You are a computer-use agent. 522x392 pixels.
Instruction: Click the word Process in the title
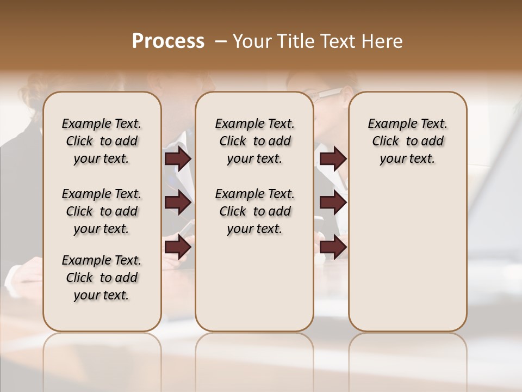(x=168, y=41)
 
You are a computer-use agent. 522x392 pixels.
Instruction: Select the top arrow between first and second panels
(x=178, y=159)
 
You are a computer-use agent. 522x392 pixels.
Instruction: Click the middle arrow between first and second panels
(x=178, y=203)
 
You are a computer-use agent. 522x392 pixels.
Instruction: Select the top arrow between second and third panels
(x=333, y=159)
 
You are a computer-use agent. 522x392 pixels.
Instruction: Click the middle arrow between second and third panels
(x=333, y=203)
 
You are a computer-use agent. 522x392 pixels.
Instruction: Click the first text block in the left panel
(x=102, y=141)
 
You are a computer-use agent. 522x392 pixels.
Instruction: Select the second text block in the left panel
(x=102, y=211)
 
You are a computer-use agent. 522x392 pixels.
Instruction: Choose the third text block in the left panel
(x=102, y=278)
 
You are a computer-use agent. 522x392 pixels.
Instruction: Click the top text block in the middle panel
(x=254, y=141)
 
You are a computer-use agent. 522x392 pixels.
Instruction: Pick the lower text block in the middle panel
(x=254, y=211)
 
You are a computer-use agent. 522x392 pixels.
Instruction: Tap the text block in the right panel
(x=407, y=141)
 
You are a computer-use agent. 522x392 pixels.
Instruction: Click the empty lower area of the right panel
(x=407, y=261)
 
